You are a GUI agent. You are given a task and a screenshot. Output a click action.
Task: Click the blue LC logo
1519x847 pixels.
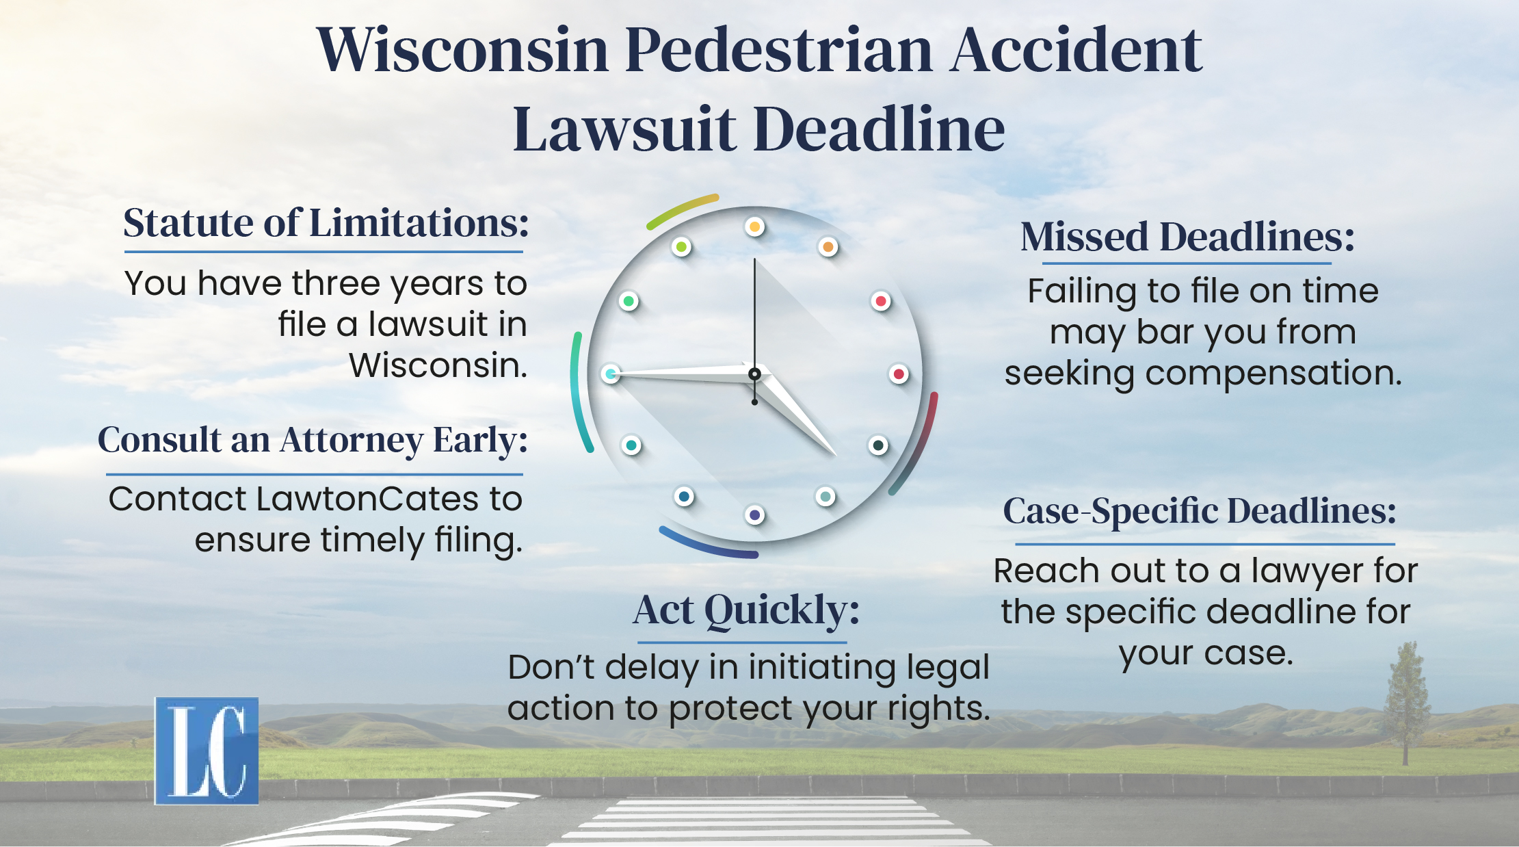[x=207, y=751]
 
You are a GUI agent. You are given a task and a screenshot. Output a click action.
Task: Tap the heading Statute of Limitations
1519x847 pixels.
[x=326, y=223]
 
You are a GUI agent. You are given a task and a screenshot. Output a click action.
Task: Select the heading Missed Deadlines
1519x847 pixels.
[x=1187, y=237]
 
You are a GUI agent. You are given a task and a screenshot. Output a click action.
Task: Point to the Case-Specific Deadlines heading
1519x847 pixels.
[x=1200, y=511]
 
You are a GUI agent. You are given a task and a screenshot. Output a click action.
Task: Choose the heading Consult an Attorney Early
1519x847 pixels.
[x=313, y=440]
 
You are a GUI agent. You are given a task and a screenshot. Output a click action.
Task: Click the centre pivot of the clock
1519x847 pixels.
[x=754, y=374]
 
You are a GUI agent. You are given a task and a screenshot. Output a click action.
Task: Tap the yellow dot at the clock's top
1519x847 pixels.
[x=754, y=226]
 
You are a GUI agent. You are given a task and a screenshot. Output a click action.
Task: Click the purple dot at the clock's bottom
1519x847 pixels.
[x=754, y=515]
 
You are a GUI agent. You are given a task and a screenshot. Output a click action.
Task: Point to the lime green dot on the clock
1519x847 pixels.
[x=681, y=246]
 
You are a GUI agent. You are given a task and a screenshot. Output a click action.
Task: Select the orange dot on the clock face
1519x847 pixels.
[x=828, y=246]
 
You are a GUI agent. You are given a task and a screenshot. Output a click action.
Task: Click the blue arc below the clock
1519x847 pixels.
[x=708, y=545]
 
